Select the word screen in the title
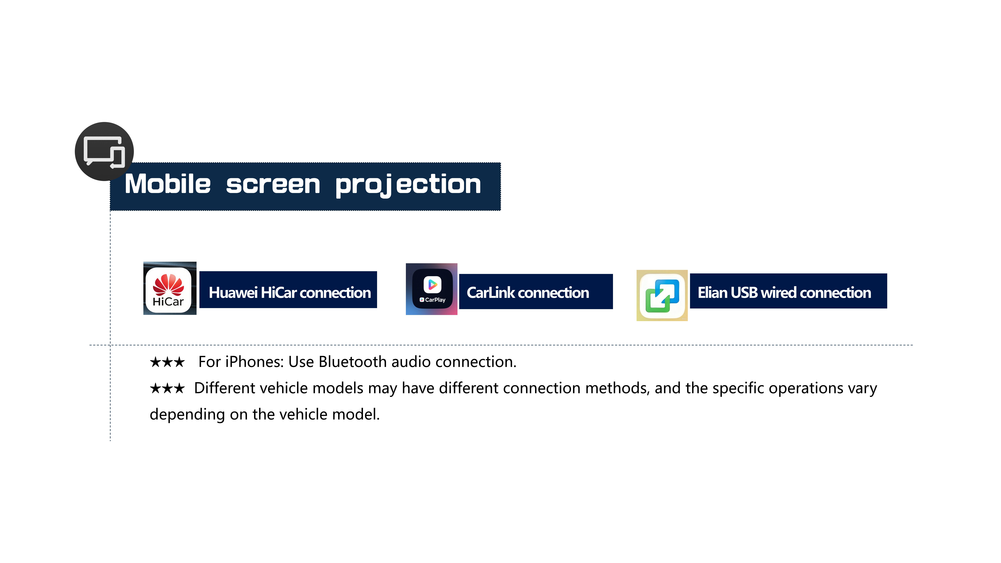273,185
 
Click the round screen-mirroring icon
104,152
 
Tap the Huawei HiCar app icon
170,288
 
